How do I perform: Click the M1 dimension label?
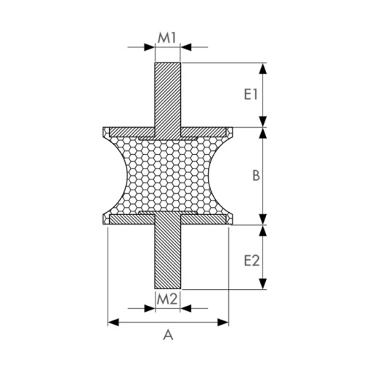[x=166, y=38]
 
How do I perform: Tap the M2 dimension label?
[x=167, y=299]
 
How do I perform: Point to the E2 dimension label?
[x=252, y=261]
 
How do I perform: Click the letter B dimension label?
[x=256, y=175]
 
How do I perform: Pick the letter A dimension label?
[x=168, y=336]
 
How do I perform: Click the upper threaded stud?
[x=167, y=101]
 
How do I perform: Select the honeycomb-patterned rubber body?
[x=167, y=175]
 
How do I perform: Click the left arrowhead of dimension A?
[x=113, y=323]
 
